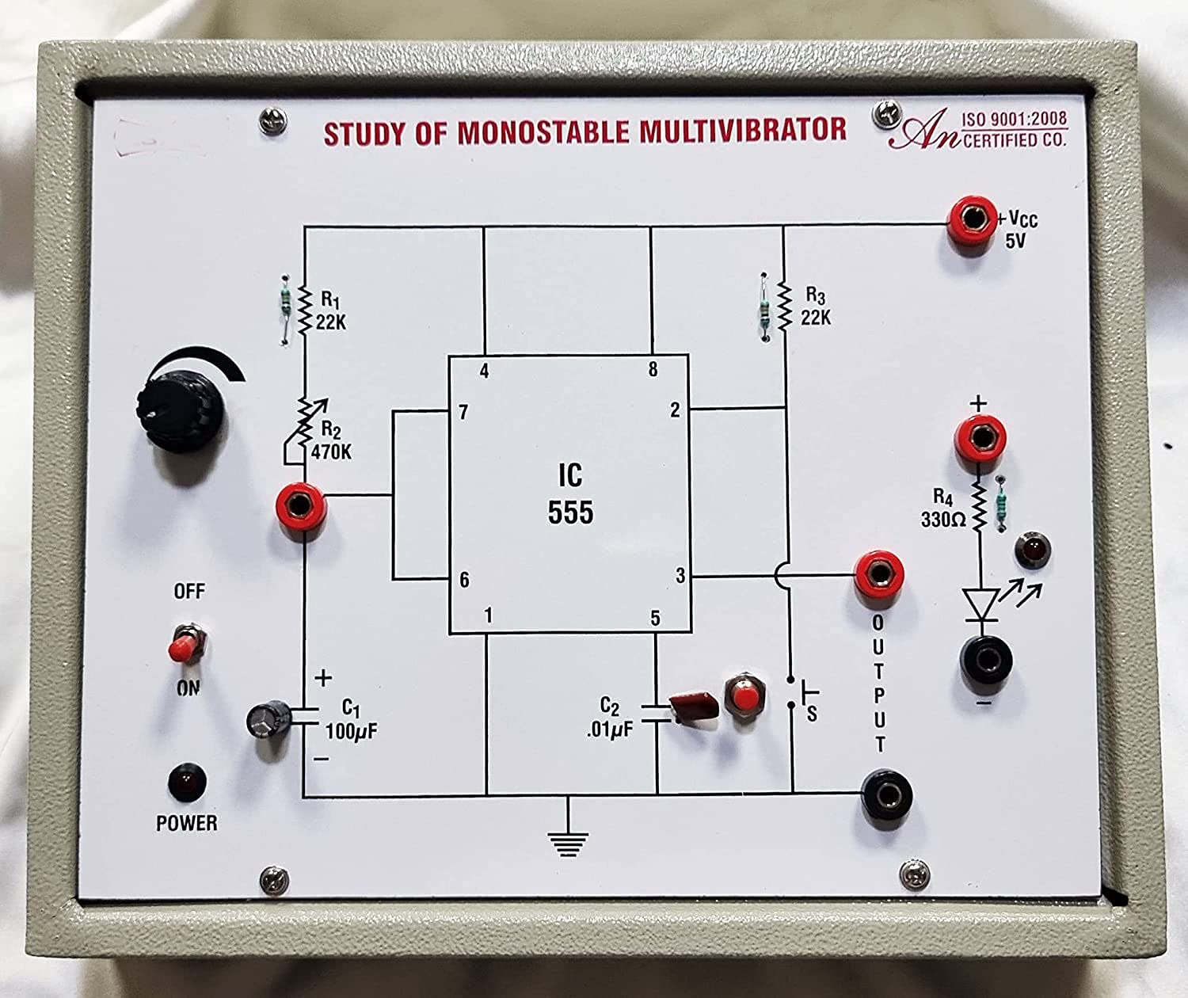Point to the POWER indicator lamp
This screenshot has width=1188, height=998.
pos(187,782)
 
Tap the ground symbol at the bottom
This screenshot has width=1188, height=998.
pos(567,841)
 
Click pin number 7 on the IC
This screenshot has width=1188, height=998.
pos(463,412)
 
